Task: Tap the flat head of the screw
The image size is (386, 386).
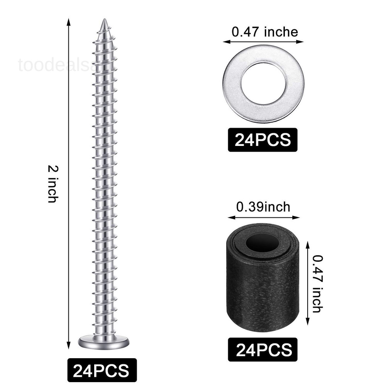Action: (103, 341)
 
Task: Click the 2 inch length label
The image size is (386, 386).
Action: (52, 184)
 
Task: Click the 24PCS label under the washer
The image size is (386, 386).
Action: (262, 140)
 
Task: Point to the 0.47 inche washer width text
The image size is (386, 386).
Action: (265, 32)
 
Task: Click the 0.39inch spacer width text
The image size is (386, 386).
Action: (263, 207)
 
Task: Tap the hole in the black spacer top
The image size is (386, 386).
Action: (262, 244)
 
